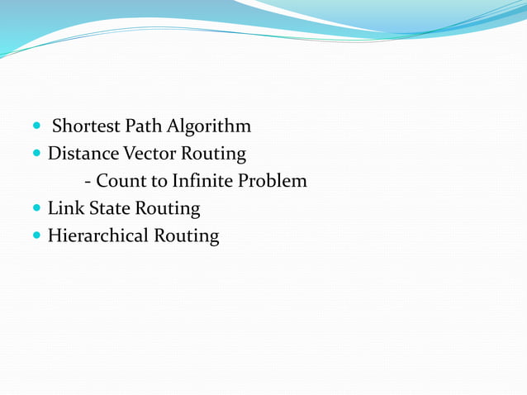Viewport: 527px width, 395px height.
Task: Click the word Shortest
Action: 86,126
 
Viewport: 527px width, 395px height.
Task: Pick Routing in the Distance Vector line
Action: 214,155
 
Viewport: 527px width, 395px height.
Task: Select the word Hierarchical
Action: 98,236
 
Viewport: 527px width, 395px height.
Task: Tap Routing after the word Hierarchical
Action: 187,236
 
